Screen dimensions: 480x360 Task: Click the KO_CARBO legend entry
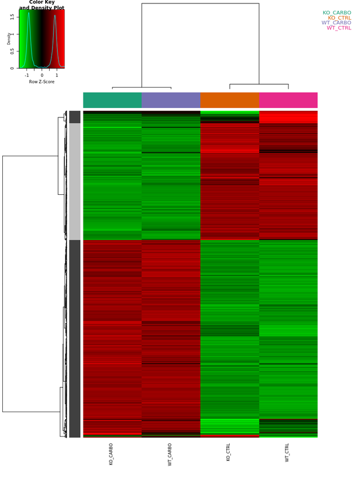(x=337, y=12)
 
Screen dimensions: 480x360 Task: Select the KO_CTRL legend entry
(x=339, y=18)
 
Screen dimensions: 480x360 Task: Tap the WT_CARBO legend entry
(x=336, y=23)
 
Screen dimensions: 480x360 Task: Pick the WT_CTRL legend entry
(x=339, y=28)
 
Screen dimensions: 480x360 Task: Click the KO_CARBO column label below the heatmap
(x=111, y=453)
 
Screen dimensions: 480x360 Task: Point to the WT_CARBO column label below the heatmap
(x=170, y=454)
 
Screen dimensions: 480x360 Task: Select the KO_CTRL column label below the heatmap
(x=229, y=452)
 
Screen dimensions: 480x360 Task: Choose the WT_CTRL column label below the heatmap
(x=287, y=453)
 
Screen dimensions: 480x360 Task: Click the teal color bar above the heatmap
(x=112, y=100)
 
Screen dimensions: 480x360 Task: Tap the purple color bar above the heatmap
(x=171, y=100)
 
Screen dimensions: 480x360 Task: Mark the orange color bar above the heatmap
(x=230, y=100)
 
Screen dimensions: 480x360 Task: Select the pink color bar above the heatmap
(x=288, y=100)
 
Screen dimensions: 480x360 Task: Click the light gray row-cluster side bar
(x=74, y=181)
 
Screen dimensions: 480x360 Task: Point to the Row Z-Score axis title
(x=42, y=82)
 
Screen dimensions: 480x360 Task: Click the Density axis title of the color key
(x=9, y=38)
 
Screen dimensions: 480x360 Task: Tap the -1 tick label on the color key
(x=27, y=75)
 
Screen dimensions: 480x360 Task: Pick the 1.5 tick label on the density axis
(x=12, y=16)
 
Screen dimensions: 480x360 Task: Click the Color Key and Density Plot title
(x=42, y=5)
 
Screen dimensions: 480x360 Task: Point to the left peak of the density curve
(x=28, y=14)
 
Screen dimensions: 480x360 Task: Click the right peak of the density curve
(x=55, y=16)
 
